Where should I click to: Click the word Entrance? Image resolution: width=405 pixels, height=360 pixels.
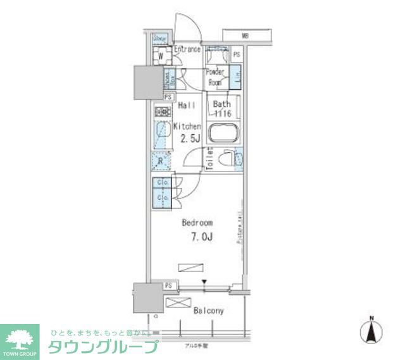[x=187, y=49]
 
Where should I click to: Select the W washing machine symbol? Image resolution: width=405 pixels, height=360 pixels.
[x=161, y=56]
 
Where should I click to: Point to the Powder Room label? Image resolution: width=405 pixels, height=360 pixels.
[x=215, y=77]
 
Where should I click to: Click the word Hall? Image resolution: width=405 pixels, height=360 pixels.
[x=186, y=105]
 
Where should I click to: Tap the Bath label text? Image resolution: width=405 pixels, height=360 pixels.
[x=221, y=104]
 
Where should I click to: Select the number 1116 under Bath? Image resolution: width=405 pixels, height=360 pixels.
[x=221, y=114]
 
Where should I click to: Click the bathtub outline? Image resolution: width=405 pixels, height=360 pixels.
[x=221, y=134]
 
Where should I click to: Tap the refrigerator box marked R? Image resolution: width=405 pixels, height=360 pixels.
[x=161, y=161]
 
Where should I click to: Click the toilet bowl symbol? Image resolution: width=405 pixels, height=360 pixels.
[x=224, y=158]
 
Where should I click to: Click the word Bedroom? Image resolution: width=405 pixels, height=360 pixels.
[x=197, y=223]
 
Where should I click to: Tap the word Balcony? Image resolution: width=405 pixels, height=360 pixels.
[x=208, y=311]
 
